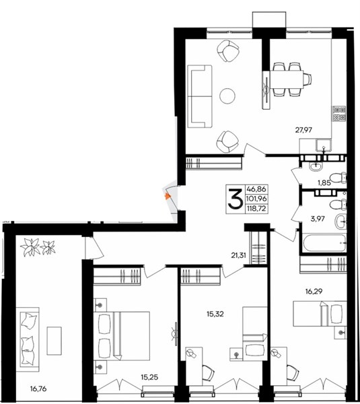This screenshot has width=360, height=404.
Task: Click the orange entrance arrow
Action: click(168, 197)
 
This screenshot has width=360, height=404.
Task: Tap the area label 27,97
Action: click(303, 130)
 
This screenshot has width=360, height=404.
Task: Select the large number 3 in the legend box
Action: click(236, 199)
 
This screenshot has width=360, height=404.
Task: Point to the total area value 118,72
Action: click(257, 208)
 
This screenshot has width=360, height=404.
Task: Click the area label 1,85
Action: click(324, 183)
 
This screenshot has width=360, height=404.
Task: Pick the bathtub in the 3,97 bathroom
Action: click(324, 243)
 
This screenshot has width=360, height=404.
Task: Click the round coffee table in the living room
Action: click(227, 96)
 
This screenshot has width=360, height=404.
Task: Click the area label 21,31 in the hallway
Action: click(238, 255)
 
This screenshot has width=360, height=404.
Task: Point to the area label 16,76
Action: click(38, 389)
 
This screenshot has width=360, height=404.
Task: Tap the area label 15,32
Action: click(215, 314)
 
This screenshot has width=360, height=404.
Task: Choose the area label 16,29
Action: click(314, 292)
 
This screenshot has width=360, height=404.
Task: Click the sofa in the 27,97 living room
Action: click(200, 96)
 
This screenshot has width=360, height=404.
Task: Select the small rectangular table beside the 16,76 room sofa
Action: click(54, 341)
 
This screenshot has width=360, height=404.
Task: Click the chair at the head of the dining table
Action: click(308, 79)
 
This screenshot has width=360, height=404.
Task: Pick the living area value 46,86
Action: click(257, 189)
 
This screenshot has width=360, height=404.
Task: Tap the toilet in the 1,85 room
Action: click(338, 178)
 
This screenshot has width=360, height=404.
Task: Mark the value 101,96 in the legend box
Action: click(257, 199)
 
